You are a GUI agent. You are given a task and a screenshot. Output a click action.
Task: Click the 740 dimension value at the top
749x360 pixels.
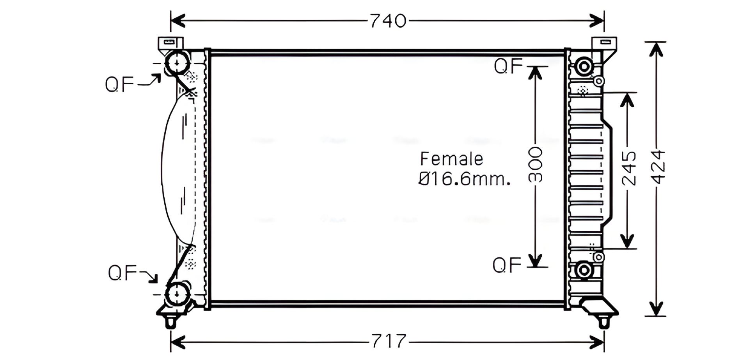click(388, 21)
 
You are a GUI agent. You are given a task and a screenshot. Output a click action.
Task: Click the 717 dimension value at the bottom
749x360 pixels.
click(389, 341)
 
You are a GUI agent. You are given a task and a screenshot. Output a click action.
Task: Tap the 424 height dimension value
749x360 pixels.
click(658, 167)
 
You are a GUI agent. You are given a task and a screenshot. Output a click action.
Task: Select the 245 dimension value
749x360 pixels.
click(628, 168)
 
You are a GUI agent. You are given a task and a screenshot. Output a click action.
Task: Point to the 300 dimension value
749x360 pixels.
click(536, 165)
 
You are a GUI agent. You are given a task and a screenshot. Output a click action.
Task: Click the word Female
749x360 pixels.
click(451, 159)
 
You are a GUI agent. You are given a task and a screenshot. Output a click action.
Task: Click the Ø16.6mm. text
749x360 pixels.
click(464, 179)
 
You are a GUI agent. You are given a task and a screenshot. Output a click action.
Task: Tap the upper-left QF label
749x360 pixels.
click(119, 84)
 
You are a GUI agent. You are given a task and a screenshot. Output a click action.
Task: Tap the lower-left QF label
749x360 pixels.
click(122, 273)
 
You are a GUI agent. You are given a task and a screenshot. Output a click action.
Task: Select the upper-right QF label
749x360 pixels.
click(508, 66)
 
